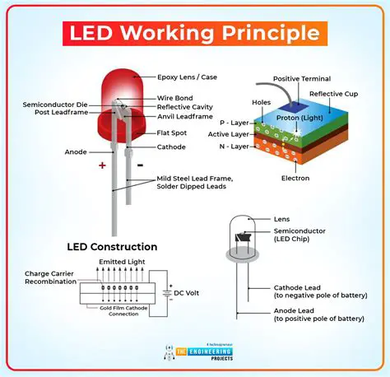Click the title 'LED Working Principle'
194,34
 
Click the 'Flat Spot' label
175,132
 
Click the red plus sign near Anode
103,165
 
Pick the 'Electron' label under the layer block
294,178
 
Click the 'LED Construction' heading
112,246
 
